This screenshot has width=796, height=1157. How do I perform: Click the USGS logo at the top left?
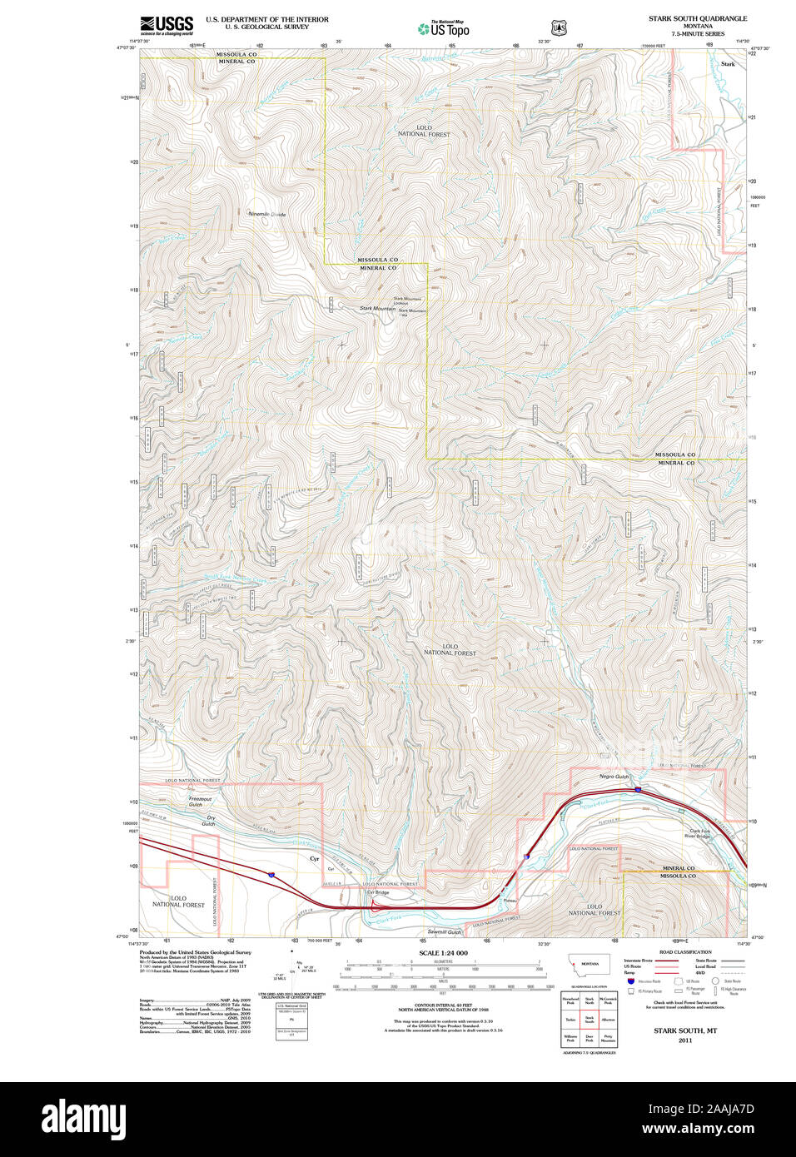[167, 25]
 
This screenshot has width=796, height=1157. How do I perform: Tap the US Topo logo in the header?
[444, 29]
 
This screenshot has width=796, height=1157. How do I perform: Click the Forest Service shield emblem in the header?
[559, 28]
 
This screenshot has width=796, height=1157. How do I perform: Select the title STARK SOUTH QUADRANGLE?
[698, 18]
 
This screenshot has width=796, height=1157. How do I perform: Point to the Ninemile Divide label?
[266, 214]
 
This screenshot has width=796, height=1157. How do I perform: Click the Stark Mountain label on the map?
[377, 309]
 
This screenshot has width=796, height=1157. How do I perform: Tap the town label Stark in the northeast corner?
[729, 64]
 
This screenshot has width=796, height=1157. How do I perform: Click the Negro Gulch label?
[614, 777]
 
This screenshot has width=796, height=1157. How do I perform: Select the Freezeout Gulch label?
[200, 802]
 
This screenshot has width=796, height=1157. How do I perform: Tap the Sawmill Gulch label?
[444, 932]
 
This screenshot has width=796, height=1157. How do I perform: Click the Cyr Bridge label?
[377, 892]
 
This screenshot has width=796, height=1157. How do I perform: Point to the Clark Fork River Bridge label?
[699, 833]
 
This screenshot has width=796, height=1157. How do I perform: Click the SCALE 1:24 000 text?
[443, 953]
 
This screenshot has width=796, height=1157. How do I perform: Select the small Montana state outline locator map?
[589, 965]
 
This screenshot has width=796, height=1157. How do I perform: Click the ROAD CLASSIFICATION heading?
[685, 951]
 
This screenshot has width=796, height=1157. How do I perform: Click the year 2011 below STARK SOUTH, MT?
[684, 1040]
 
